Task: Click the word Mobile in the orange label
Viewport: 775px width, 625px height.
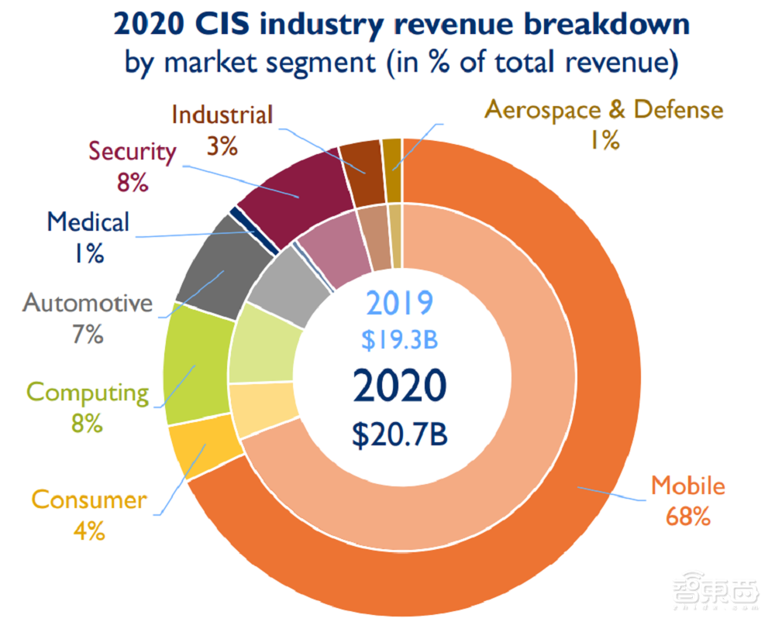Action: tap(687, 486)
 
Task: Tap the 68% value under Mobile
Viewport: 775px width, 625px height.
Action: tap(688, 517)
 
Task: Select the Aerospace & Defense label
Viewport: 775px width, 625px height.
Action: tap(604, 109)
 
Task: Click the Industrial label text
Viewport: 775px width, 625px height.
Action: tap(222, 115)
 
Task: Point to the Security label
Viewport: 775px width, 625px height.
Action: tap(133, 151)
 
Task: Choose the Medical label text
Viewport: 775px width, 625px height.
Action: tap(88, 222)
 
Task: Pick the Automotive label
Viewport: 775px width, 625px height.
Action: tap(88, 303)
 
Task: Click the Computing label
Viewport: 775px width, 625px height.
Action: tap(88, 393)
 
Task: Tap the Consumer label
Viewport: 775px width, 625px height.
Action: tap(88, 500)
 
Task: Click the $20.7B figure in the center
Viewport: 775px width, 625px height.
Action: tap(400, 434)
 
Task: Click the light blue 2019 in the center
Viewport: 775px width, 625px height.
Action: tap(400, 304)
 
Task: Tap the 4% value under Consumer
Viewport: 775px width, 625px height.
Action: tap(88, 532)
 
